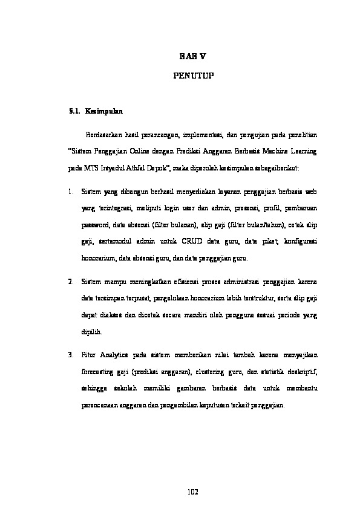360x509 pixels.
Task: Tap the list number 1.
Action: (71, 192)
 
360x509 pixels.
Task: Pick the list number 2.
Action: (71, 281)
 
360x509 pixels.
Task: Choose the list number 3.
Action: (71, 354)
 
